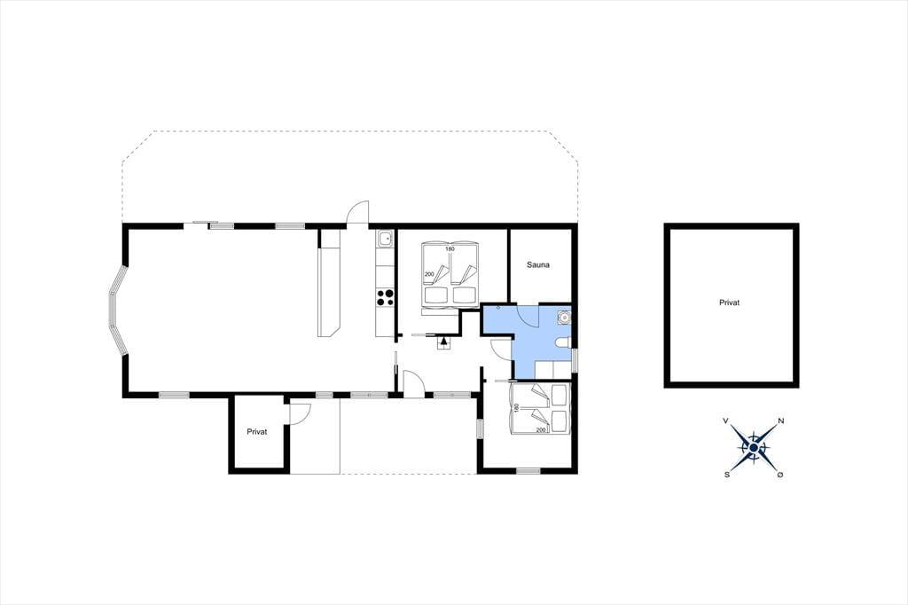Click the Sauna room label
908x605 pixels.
(538, 265)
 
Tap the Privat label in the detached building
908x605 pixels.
(729, 302)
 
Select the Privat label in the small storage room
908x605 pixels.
(257, 432)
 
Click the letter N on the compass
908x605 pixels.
(780, 421)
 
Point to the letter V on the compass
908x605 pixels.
(725, 421)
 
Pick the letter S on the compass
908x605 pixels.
(727, 475)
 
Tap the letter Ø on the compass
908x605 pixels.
(780, 475)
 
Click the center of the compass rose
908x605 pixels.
(754, 448)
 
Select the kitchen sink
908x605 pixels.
(385, 238)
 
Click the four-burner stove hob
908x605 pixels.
(385, 297)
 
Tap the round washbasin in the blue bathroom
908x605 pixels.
(563, 317)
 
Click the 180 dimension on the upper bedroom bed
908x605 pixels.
(450, 249)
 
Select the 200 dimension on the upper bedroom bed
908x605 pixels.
(429, 274)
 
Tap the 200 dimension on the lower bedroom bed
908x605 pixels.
(541, 430)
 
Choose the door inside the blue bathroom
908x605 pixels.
(527, 315)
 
